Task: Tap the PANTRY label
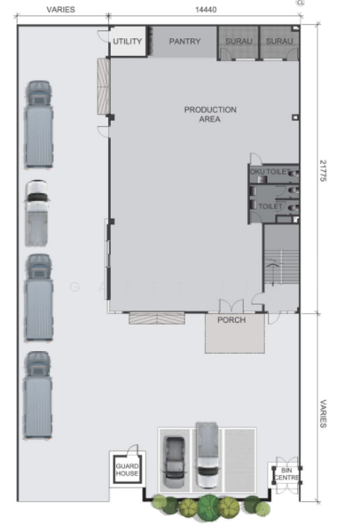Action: pos(184,41)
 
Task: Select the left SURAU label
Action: pos(237,41)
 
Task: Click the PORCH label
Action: pos(231,320)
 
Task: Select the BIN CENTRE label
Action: pos(285,474)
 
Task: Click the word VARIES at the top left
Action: pos(60,9)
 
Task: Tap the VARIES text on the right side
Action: pos(324,412)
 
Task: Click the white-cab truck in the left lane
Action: pos(37,213)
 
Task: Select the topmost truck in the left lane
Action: pos(39,124)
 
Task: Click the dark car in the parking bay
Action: pos(175,463)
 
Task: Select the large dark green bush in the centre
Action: pos(208,508)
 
